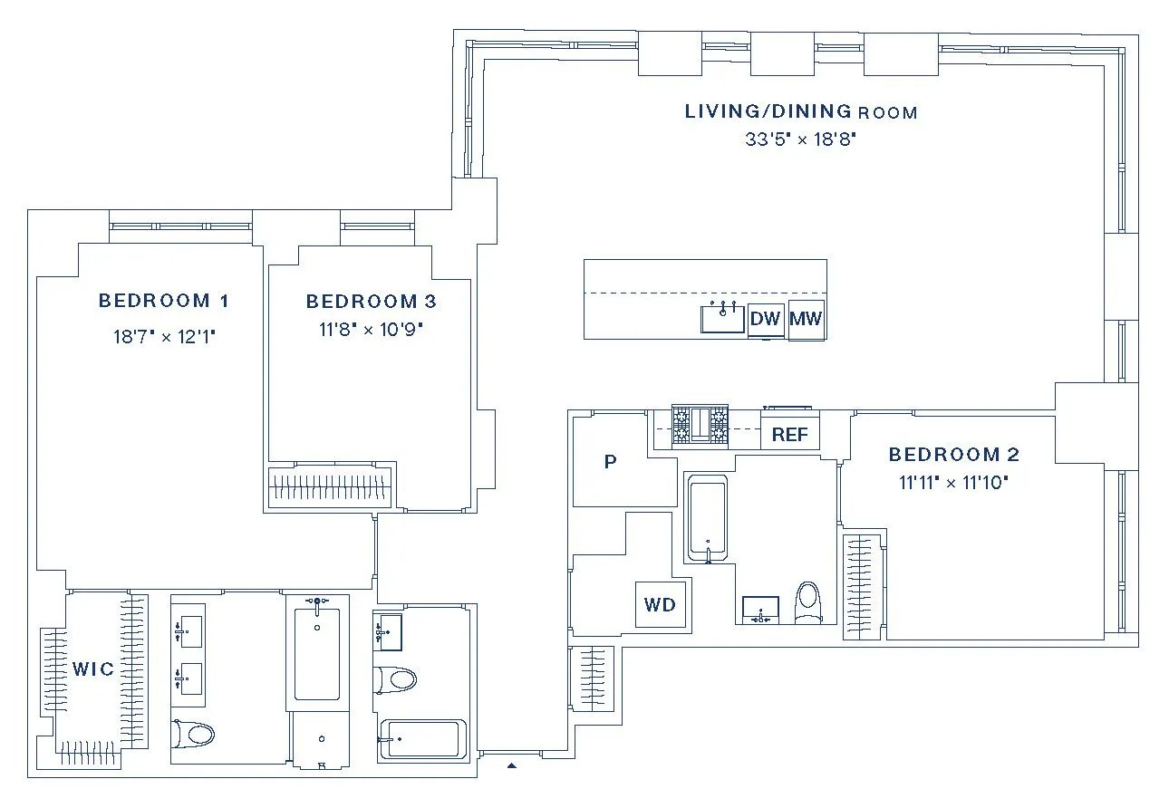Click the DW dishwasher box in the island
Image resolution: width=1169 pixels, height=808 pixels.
point(766,319)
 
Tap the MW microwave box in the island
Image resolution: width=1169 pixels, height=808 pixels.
point(806,319)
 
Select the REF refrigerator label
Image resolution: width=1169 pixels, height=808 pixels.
point(789,435)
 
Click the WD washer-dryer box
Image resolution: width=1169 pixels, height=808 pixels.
point(660,604)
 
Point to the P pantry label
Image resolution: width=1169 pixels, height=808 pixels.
point(610,462)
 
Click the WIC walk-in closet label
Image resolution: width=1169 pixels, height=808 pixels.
point(93,669)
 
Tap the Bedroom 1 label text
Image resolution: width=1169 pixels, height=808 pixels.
point(163,301)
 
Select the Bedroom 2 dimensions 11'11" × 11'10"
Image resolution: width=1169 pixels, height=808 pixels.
point(953,483)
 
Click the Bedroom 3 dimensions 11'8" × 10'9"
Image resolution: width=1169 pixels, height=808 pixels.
point(371,329)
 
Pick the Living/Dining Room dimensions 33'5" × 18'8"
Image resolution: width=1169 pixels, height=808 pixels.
point(800,139)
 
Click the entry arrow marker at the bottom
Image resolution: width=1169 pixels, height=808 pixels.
point(511,766)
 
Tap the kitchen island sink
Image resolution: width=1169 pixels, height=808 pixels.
point(722,319)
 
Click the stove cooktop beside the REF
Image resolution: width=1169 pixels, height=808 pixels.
point(700,426)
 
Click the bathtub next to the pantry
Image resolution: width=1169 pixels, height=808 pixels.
point(708,517)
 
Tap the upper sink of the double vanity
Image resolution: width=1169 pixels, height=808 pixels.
point(188,628)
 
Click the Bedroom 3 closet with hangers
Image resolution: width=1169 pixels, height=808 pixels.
point(333,486)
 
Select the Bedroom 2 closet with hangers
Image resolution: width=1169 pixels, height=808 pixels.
point(862,586)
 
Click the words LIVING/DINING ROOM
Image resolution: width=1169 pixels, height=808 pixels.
point(800,112)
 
